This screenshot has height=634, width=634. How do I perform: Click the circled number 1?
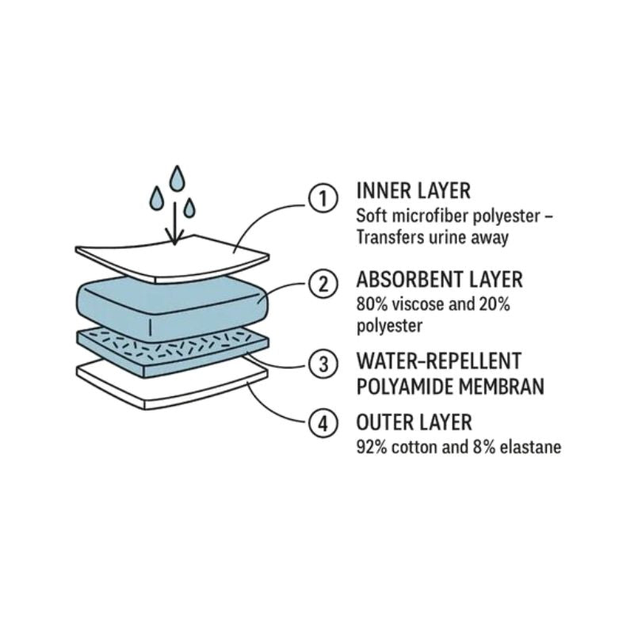[x=323, y=199]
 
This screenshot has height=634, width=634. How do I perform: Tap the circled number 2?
[x=323, y=284]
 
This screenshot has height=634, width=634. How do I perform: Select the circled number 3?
[x=323, y=364]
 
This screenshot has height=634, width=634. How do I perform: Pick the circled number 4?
[x=323, y=424]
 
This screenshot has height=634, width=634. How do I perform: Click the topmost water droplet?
[x=177, y=178]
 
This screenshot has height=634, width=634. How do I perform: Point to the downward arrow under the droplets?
[x=174, y=223]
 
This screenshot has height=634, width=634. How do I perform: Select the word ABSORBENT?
[x=409, y=280]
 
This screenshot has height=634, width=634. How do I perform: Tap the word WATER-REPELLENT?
[x=439, y=361]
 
